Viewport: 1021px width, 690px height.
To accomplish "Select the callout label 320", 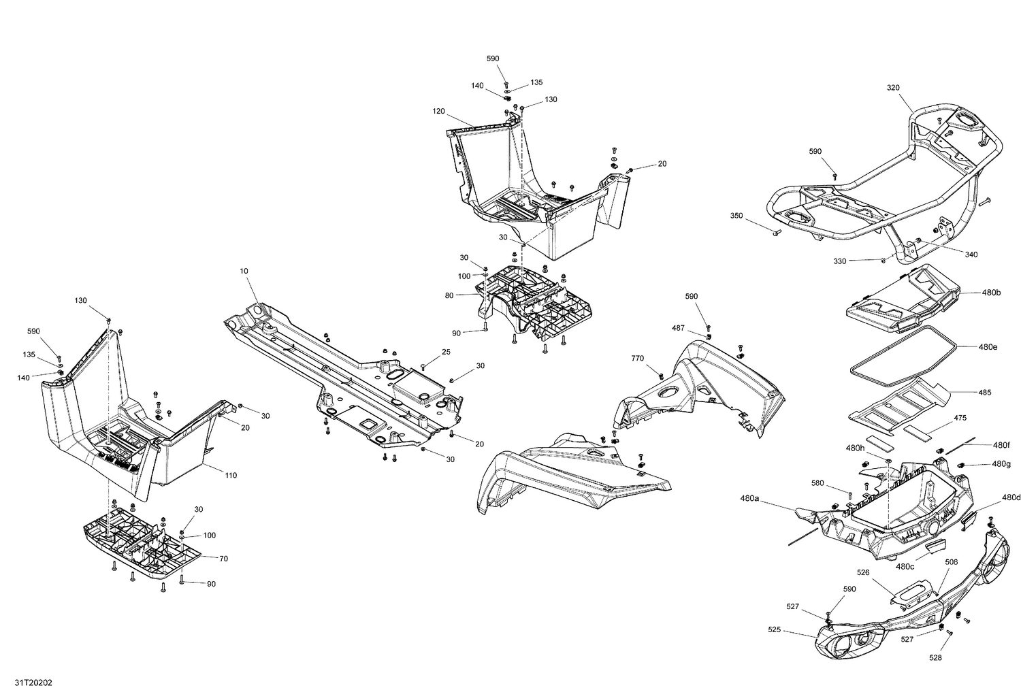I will pyautogui.click(x=893, y=88).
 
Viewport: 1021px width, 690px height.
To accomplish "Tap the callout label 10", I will pyautogui.click(x=244, y=271).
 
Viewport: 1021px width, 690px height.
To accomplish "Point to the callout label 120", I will pyautogui.click(x=438, y=111).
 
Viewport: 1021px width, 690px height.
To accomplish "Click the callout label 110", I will pyautogui.click(x=231, y=475).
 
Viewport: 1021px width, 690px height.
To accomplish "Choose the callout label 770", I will pyautogui.click(x=637, y=358).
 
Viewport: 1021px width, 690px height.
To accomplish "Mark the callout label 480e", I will pyautogui.click(x=988, y=347).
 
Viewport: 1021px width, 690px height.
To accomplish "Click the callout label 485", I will pyautogui.click(x=984, y=393).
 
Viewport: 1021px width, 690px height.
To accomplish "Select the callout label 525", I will pyautogui.click(x=775, y=630).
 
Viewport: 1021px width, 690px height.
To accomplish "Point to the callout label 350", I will pyautogui.click(x=736, y=216).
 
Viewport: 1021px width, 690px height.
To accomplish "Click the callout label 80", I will pyautogui.click(x=468, y=295).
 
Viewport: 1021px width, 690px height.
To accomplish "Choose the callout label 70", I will pyautogui.click(x=223, y=558).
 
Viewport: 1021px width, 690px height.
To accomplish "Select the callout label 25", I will pyautogui.click(x=446, y=352).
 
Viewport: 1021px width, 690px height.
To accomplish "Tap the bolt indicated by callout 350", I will pyautogui.click(x=774, y=233).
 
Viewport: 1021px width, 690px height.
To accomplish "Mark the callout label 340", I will pyautogui.click(x=971, y=254).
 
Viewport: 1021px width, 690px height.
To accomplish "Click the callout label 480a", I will pyautogui.click(x=749, y=499).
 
